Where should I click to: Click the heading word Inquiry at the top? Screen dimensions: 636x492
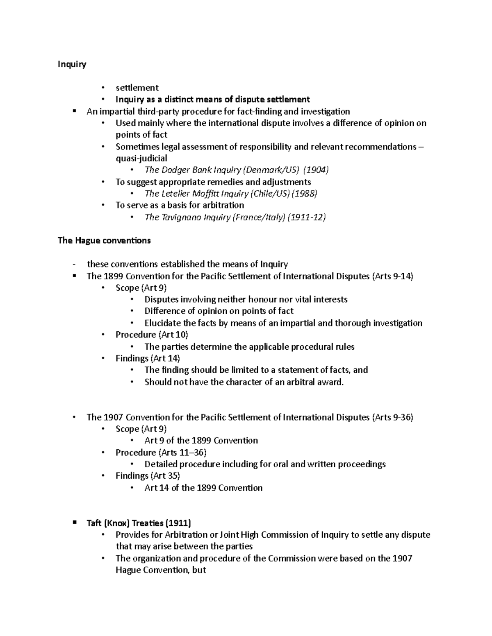click(72, 64)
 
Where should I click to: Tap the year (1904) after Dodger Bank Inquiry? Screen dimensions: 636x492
click(316, 170)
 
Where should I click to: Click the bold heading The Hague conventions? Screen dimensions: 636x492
click(104, 240)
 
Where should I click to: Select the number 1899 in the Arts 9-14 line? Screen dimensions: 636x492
click(113, 276)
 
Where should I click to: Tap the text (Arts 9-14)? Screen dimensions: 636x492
click(392, 276)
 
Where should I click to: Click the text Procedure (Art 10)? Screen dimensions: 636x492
click(152, 335)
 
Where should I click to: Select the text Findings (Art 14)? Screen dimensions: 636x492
click(148, 358)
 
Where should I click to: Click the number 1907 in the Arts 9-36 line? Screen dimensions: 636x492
click(113, 417)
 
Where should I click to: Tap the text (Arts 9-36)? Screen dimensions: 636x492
click(392, 417)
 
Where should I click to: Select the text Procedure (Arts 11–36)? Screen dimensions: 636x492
click(161, 453)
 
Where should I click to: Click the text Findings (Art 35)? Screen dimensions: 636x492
click(148, 476)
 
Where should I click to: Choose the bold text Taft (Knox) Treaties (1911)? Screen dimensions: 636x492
click(139, 523)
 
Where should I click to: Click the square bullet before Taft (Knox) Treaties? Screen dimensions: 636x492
click(74, 523)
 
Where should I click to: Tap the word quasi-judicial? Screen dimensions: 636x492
click(141, 158)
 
